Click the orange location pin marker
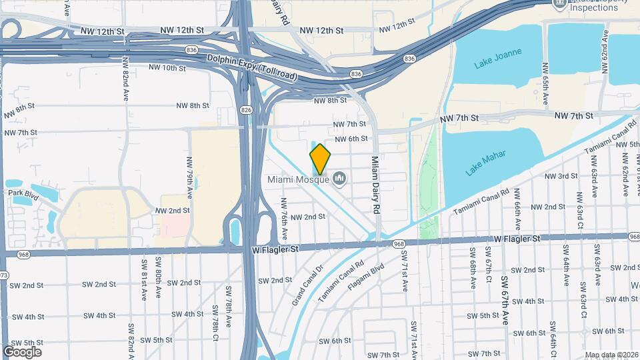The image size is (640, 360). [x=321, y=159]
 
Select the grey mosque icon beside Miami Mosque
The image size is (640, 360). [x=340, y=179]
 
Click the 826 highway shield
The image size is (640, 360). [x=247, y=109]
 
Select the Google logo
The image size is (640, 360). [x=22, y=351]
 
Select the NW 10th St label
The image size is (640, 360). [x=167, y=67]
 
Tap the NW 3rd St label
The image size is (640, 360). [x=561, y=176]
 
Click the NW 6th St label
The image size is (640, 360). [x=351, y=139]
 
